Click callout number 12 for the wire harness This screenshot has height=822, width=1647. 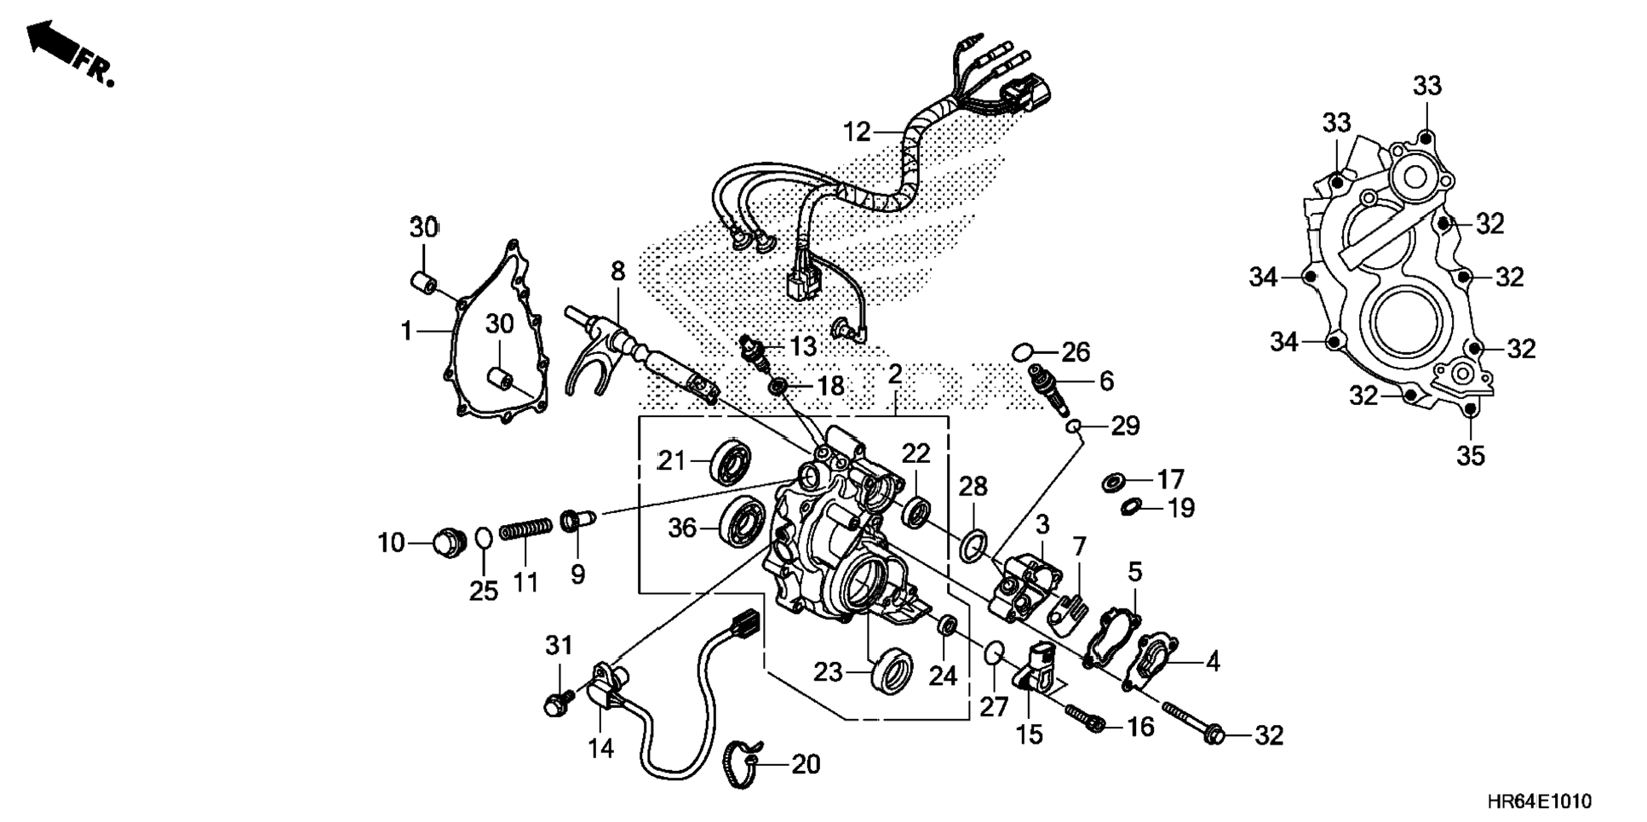[x=857, y=132]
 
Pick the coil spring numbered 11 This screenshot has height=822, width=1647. [x=525, y=531]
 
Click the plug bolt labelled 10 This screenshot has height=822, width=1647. [x=446, y=541]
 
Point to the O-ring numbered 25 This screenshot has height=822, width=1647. [x=483, y=539]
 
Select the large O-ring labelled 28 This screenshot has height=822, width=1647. [x=974, y=545]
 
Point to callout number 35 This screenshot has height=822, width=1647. [x=1470, y=456]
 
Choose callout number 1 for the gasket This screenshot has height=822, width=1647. [x=407, y=330]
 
